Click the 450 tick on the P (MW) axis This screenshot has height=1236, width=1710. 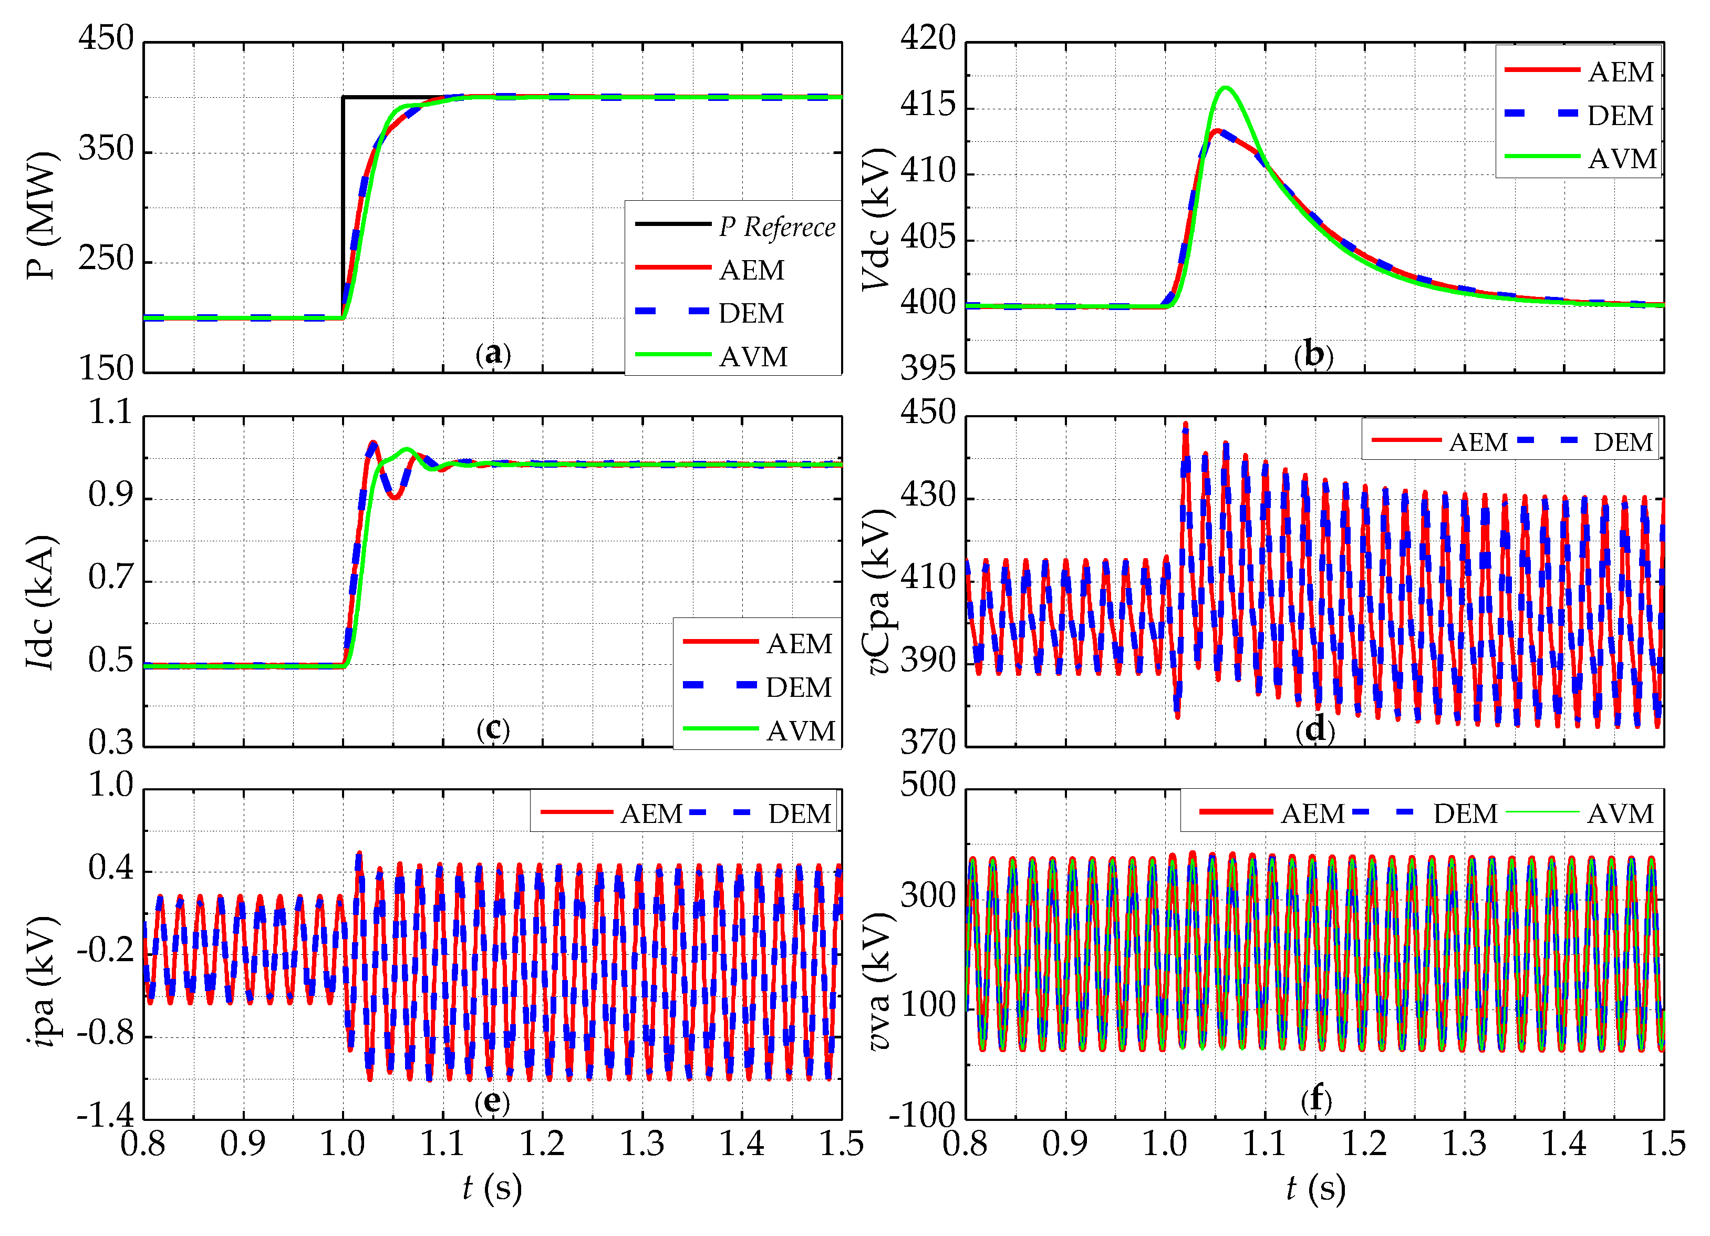click(106, 39)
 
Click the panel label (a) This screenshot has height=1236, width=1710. click(493, 353)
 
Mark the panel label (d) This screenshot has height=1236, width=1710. click(1315, 729)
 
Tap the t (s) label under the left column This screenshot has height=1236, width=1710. click(492, 1189)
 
